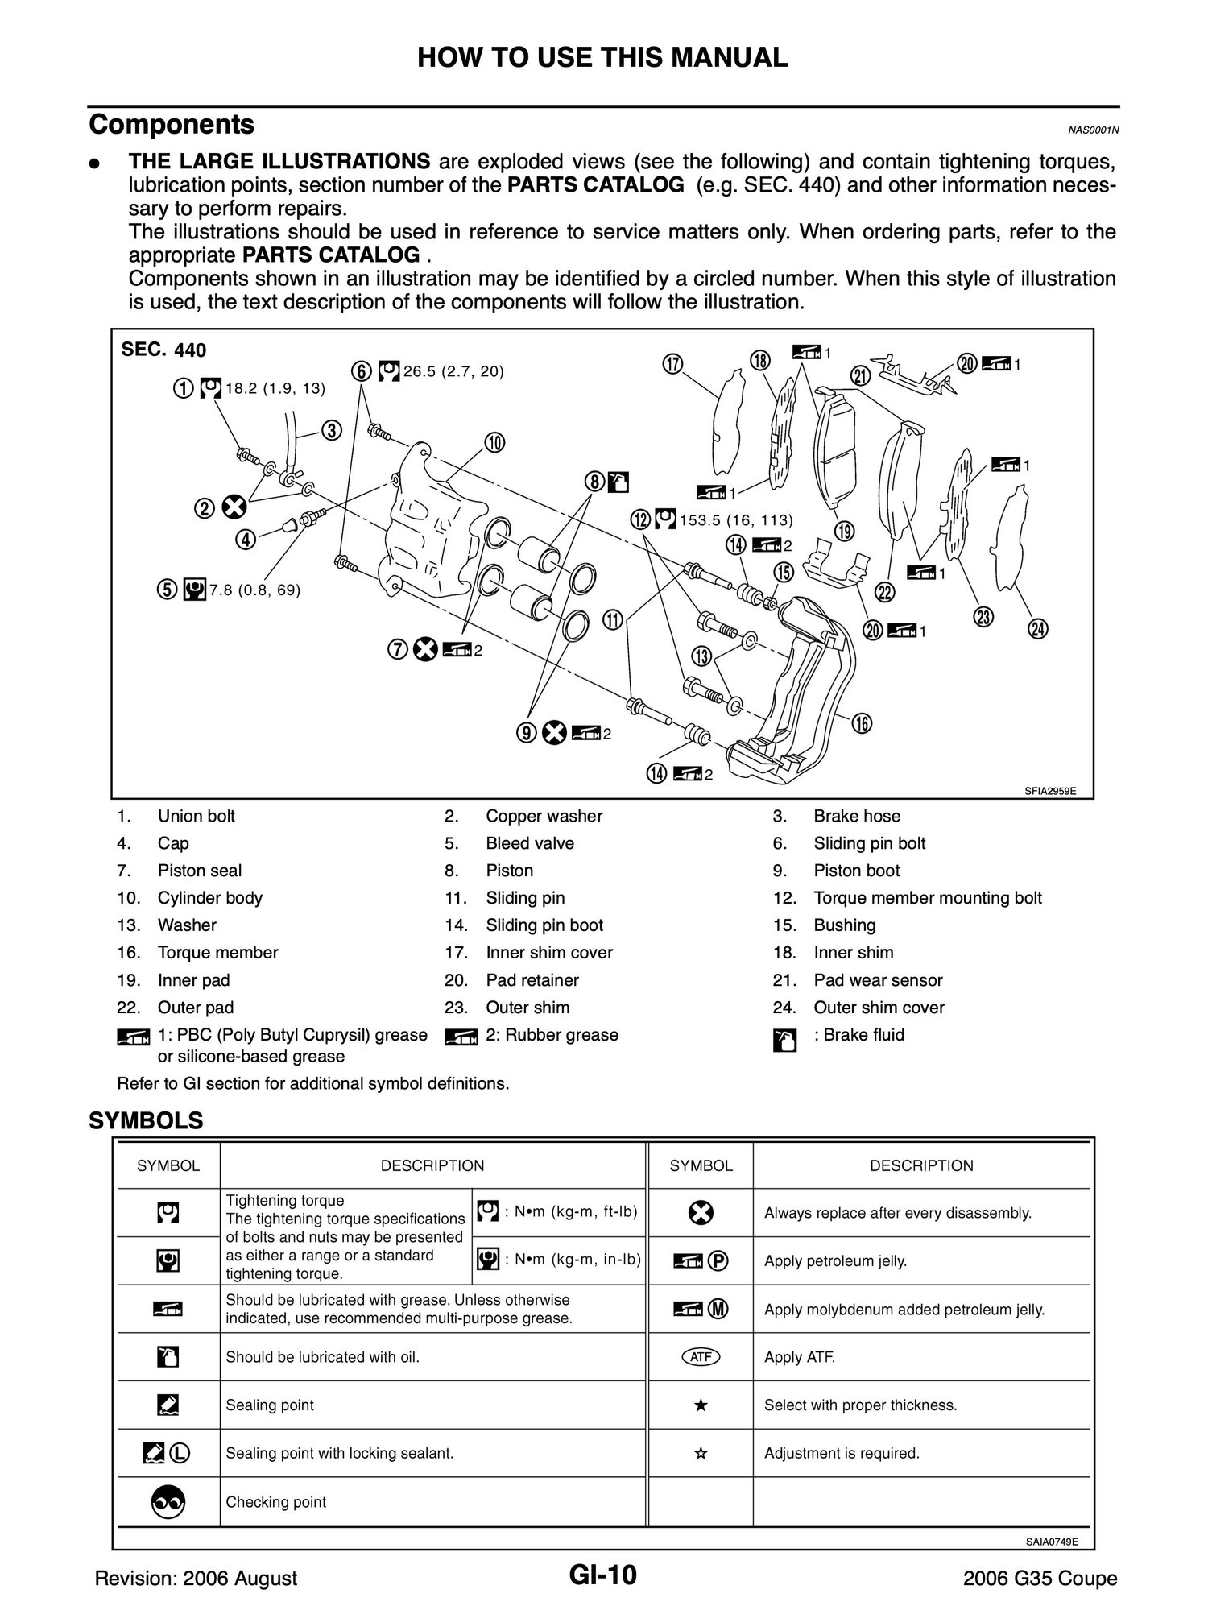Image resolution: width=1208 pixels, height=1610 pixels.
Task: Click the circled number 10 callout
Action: [x=494, y=442]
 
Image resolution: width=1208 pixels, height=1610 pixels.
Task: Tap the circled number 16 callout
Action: [x=862, y=723]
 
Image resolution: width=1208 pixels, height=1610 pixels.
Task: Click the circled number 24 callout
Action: [x=1038, y=629]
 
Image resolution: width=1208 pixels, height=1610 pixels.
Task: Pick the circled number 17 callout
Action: [x=672, y=364]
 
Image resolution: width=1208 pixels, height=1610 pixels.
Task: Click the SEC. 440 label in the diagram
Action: [x=163, y=350]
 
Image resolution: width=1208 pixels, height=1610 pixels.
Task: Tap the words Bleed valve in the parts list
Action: [x=530, y=843]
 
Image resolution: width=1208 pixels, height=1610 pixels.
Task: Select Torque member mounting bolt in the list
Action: [x=927, y=898]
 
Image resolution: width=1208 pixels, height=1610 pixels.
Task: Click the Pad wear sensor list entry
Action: [x=878, y=980]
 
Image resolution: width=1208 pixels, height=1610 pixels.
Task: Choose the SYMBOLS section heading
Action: [x=146, y=1120]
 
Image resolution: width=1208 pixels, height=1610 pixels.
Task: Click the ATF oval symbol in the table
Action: [x=701, y=1357]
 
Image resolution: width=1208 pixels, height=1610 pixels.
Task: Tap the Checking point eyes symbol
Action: [x=168, y=1501]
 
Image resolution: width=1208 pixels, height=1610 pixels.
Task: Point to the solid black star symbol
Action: [x=701, y=1405]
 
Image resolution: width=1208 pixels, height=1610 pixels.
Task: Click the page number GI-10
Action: [x=602, y=1575]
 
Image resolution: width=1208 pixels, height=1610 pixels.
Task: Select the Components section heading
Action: [x=172, y=125]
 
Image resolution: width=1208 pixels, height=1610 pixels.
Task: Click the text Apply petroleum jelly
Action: [x=835, y=1261]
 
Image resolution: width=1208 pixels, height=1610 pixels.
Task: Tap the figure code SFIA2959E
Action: [x=1050, y=791]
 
